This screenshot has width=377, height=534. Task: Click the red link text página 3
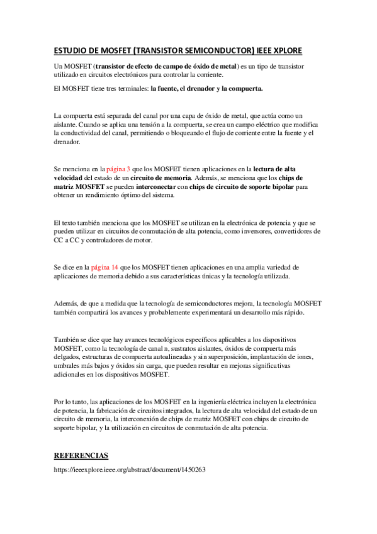click(x=120, y=169)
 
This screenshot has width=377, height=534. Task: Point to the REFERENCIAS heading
click(x=81, y=455)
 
